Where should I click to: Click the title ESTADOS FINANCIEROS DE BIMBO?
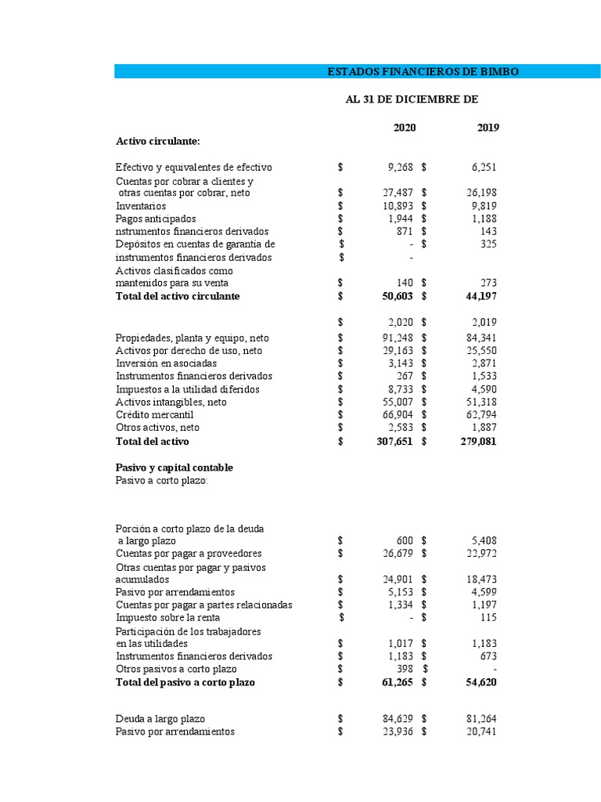423,72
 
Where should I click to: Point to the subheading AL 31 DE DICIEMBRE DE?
412,99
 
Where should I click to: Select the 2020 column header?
405,128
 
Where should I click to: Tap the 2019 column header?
488,128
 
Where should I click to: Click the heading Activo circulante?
158,141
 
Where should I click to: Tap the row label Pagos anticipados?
156,219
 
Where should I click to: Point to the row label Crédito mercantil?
154,414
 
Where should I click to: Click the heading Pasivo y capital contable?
175,468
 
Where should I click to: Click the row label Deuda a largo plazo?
160,719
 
